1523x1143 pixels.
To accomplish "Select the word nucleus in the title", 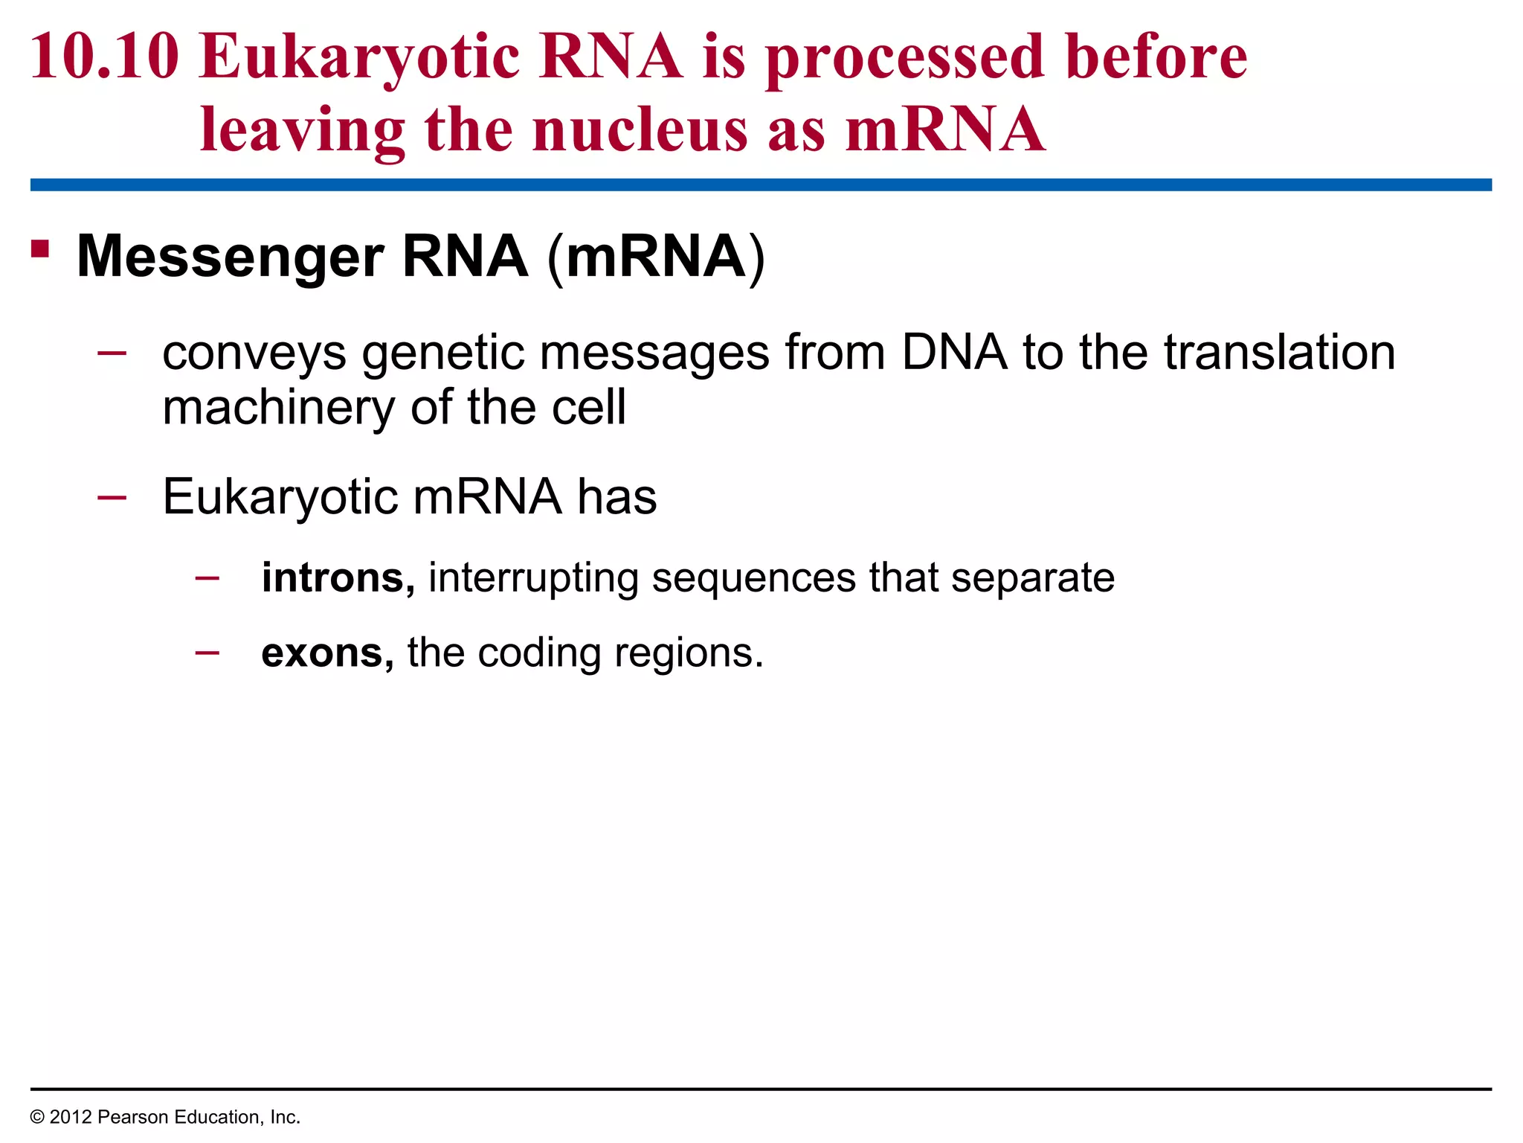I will click(640, 129).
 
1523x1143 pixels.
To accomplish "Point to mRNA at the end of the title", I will click(945, 129).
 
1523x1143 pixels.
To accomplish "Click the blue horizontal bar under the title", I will click(761, 185).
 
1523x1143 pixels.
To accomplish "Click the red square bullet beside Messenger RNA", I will click(40, 249).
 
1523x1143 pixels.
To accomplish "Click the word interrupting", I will click(533, 578).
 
